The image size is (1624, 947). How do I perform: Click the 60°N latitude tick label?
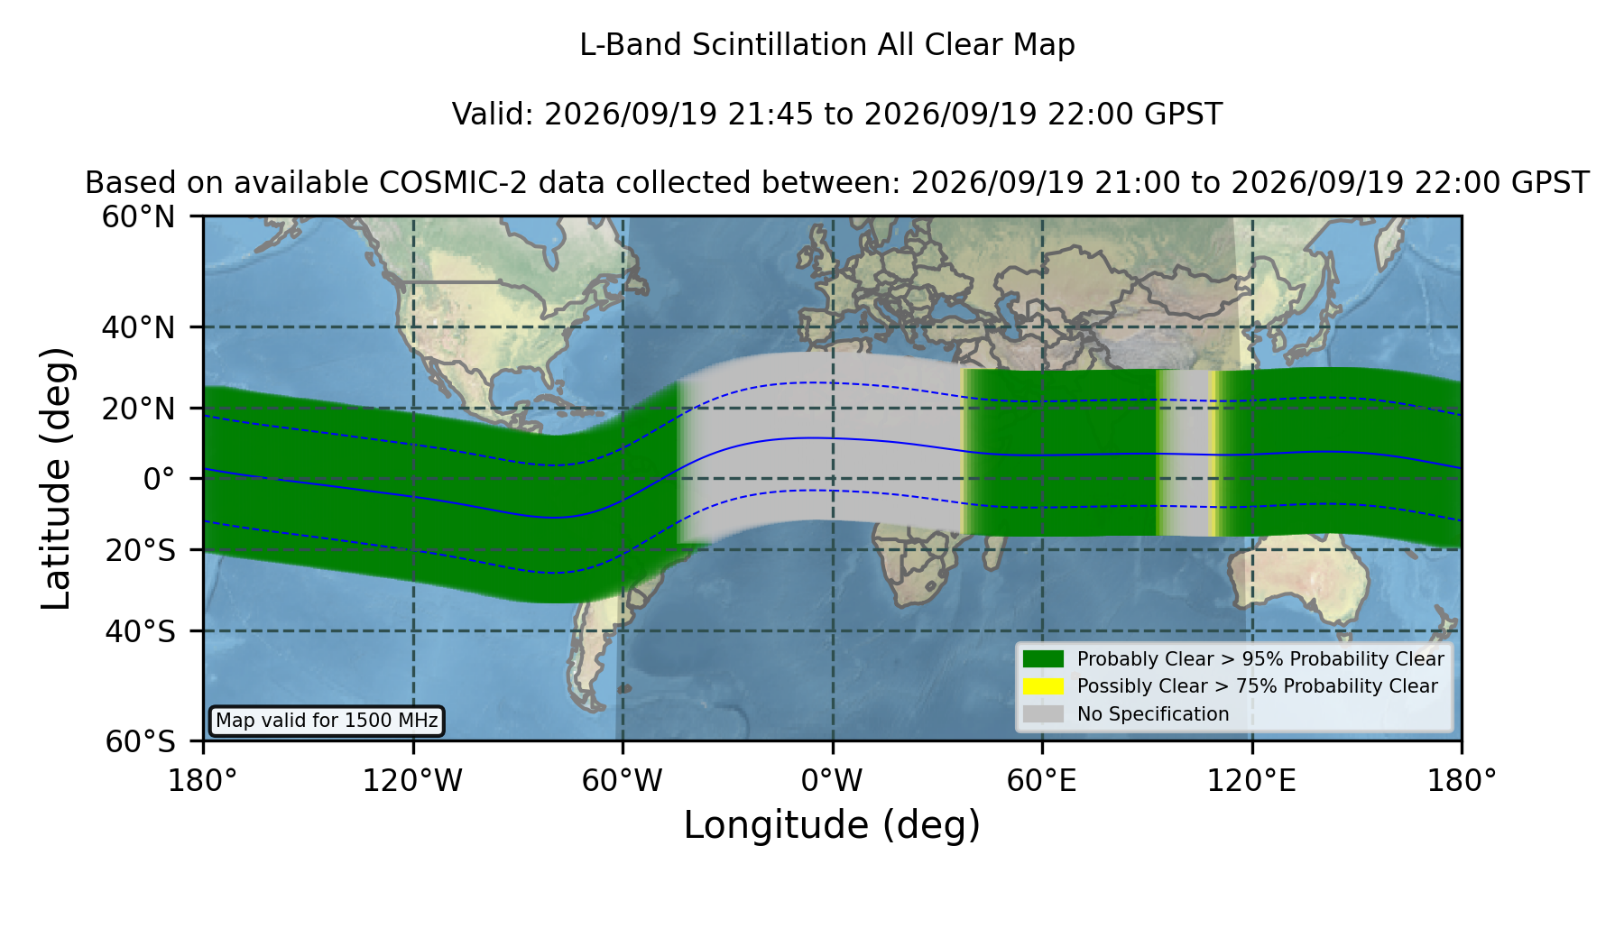pos(138,217)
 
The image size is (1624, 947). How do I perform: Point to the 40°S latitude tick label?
pos(140,631)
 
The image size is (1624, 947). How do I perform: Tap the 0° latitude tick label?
pos(159,479)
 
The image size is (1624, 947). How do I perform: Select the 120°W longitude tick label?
pos(412,780)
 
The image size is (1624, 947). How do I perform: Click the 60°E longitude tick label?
pos(1042,780)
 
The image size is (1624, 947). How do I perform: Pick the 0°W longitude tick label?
pos(832,780)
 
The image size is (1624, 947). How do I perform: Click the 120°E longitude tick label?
pos(1251,780)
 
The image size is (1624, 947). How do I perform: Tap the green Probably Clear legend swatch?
pos(1044,659)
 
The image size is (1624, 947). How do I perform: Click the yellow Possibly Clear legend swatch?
pos(1044,686)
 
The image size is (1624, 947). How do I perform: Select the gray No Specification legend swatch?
pos(1044,714)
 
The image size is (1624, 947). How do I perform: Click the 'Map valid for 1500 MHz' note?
pos(327,721)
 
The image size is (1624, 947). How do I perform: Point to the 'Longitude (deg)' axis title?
pos(832,825)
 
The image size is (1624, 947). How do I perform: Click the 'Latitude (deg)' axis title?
pos(56,479)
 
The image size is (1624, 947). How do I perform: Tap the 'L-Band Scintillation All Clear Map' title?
pos(827,45)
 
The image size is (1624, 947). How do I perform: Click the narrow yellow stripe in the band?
pos(1213,453)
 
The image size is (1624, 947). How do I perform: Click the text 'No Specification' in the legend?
pos(1153,714)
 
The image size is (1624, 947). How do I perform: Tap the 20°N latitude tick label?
pos(138,409)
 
